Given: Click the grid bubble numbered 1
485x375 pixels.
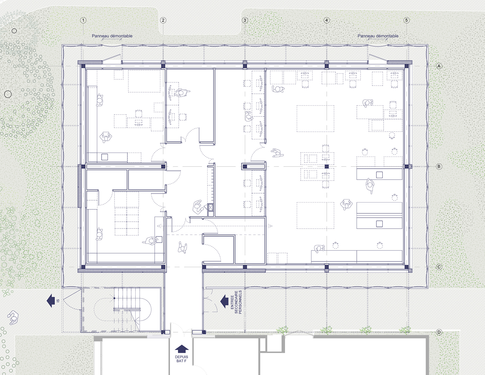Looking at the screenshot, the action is click(x=83, y=20).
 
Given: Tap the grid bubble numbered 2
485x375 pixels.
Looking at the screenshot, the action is click(x=163, y=20).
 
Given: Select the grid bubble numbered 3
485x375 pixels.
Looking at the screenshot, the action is click(x=245, y=20).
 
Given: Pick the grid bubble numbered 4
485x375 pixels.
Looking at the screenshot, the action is click(x=327, y=20).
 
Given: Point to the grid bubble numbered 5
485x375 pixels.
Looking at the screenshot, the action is click(x=406, y=20).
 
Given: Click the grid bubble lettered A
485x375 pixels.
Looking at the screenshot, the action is click(x=439, y=66).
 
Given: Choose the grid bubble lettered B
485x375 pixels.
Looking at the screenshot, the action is click(x=439, y=166).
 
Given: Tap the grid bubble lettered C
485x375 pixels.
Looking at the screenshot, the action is click(x=439, y=267).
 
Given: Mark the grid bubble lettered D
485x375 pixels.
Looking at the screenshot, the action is click(x=439, y=332).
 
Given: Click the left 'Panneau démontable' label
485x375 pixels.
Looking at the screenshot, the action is click(x=112, y=36).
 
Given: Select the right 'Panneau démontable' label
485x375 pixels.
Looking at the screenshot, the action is click(x=378, y=36).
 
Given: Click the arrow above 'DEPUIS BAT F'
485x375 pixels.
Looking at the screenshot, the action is click(x=182, y=349).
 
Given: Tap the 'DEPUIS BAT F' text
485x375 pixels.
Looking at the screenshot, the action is click(x=181, y=359).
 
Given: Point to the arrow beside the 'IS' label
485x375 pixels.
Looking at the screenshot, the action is click(x=51, y=300).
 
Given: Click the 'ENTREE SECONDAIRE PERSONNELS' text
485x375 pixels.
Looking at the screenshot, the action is click(x=236, y=302).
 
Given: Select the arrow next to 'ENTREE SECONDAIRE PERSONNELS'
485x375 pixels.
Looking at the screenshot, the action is click(x=225, y=301).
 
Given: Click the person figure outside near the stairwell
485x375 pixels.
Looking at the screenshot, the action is click(x=13, y=318).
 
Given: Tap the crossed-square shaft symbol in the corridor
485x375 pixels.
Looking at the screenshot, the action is click(x=210, y=207).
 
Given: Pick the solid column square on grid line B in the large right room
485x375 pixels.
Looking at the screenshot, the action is click(x=327, y=166).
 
